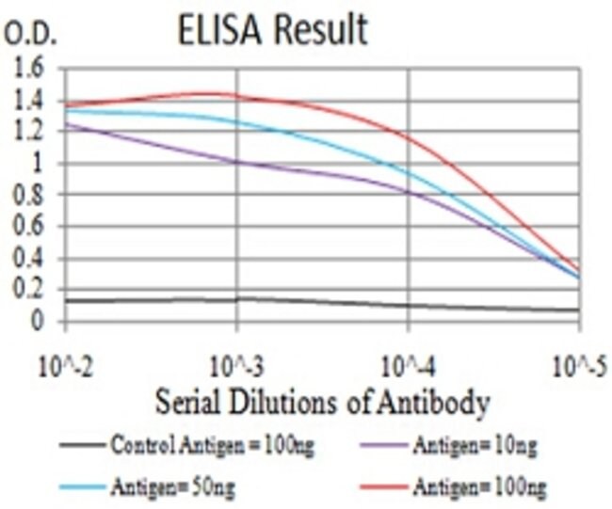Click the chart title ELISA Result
(x=273, y=30)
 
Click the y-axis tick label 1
(x=39, y=164)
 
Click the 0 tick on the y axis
(x=39, y=322)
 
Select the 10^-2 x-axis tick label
(x=65, y=363)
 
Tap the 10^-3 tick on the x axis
(x=236, y=363)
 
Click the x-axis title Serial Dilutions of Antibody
(x=322, y=404)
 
